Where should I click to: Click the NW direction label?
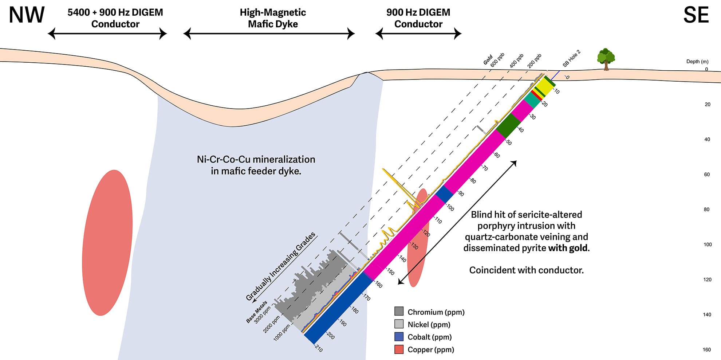coord(27,15)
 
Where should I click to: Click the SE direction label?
coord(696,15)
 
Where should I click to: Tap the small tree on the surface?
coord(606,58)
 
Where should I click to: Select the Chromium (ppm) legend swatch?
coord(399,311)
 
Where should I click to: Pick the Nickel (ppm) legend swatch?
coord(399,324)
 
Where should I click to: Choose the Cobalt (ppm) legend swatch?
coord(399,336)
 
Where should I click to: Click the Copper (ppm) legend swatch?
coord(399,349)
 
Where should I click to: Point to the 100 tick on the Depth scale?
coord(708,244)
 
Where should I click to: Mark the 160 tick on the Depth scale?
coord(707,350)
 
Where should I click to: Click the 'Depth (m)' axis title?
coord(697,61)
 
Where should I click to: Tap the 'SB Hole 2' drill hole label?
coord(571,59)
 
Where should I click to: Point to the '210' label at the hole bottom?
coord(318,348)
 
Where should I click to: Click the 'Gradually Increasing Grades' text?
coord(280,267)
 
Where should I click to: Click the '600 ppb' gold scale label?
coord(497,60)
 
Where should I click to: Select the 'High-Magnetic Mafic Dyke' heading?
coord(273,18)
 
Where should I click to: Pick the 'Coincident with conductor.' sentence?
coord(526,270)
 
